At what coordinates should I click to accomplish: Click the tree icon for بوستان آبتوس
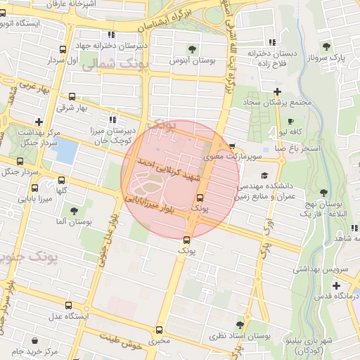191,49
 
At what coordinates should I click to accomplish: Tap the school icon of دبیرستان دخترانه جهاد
111,34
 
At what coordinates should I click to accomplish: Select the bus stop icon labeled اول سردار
63,49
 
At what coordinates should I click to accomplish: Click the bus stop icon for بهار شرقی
72,96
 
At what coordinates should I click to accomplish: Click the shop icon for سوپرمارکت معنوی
232,146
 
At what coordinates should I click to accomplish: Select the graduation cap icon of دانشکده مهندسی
264,175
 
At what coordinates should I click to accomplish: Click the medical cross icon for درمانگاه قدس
336,285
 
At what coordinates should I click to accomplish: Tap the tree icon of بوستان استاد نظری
240,323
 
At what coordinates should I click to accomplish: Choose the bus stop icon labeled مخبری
159,330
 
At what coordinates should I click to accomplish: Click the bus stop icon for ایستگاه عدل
68,304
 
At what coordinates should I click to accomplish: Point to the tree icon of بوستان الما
73,210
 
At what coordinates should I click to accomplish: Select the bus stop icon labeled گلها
61,180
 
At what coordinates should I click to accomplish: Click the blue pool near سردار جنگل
65,150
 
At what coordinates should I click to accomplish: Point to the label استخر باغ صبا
302,148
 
